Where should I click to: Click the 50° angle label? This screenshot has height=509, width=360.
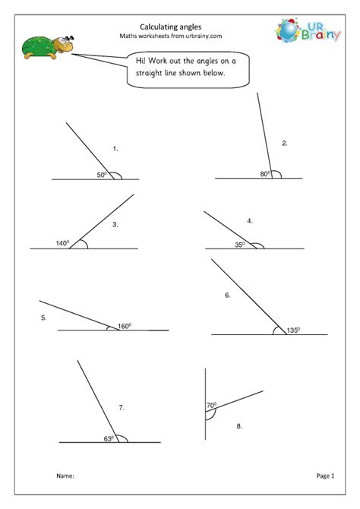point(101,175)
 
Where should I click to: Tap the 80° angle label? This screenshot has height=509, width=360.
point(265,174)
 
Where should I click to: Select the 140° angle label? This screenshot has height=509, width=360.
point(62,243)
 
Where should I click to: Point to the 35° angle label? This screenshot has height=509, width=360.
point(240,245)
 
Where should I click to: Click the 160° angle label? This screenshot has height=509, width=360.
point(125,327)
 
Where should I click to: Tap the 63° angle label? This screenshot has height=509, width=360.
point(109,438)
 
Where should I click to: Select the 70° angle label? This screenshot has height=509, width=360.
point(211,405)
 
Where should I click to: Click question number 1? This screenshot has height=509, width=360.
point(115,149)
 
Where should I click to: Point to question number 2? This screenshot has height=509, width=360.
point(284,143)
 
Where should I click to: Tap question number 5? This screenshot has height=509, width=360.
point(44,318)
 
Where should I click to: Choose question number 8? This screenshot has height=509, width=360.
point(238,427)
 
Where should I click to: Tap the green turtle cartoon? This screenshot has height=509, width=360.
point(44,47)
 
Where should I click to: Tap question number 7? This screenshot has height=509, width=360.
point(121,408)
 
